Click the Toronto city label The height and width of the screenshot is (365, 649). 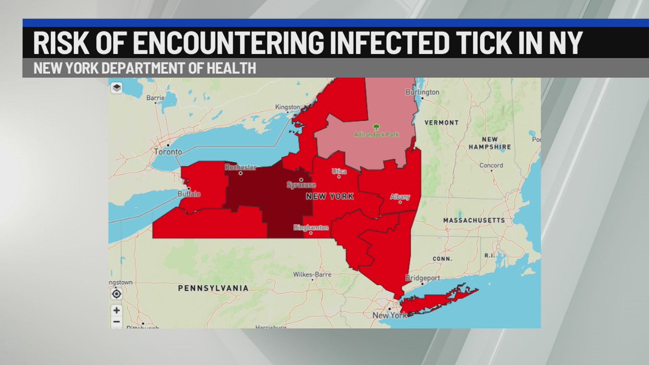click(x=168, y=152)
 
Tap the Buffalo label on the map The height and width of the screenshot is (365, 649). click(x=189, y=194)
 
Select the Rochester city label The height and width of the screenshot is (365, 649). click(x=241, y=167)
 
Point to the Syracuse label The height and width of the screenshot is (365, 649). click(x=301, y=185)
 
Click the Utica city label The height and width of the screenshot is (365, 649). click(x=339, y=171)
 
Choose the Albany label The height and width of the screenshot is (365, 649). click(x=400, y=197)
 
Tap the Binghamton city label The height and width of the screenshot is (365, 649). click(x=311, y=228)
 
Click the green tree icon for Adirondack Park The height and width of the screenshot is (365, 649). click(x=376, y=127)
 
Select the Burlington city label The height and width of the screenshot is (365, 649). click(x=422, y=92)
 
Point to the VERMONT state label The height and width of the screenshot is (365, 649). click(x=441, y=123)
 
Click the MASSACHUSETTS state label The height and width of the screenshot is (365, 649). click(x=474, y=221)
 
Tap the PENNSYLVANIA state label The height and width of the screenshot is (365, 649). click(x=213, y=288)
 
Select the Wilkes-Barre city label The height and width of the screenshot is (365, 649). click(x=312, y=275)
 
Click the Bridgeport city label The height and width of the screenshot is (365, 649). click(x=422, y=278)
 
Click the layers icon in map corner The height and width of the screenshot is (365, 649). click(x=117, y=88)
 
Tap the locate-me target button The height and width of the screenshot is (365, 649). click(x=117, y=294)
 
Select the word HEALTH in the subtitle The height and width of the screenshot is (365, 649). click(x=231, y=68)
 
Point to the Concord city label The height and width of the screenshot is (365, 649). click(x=491, y=165)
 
